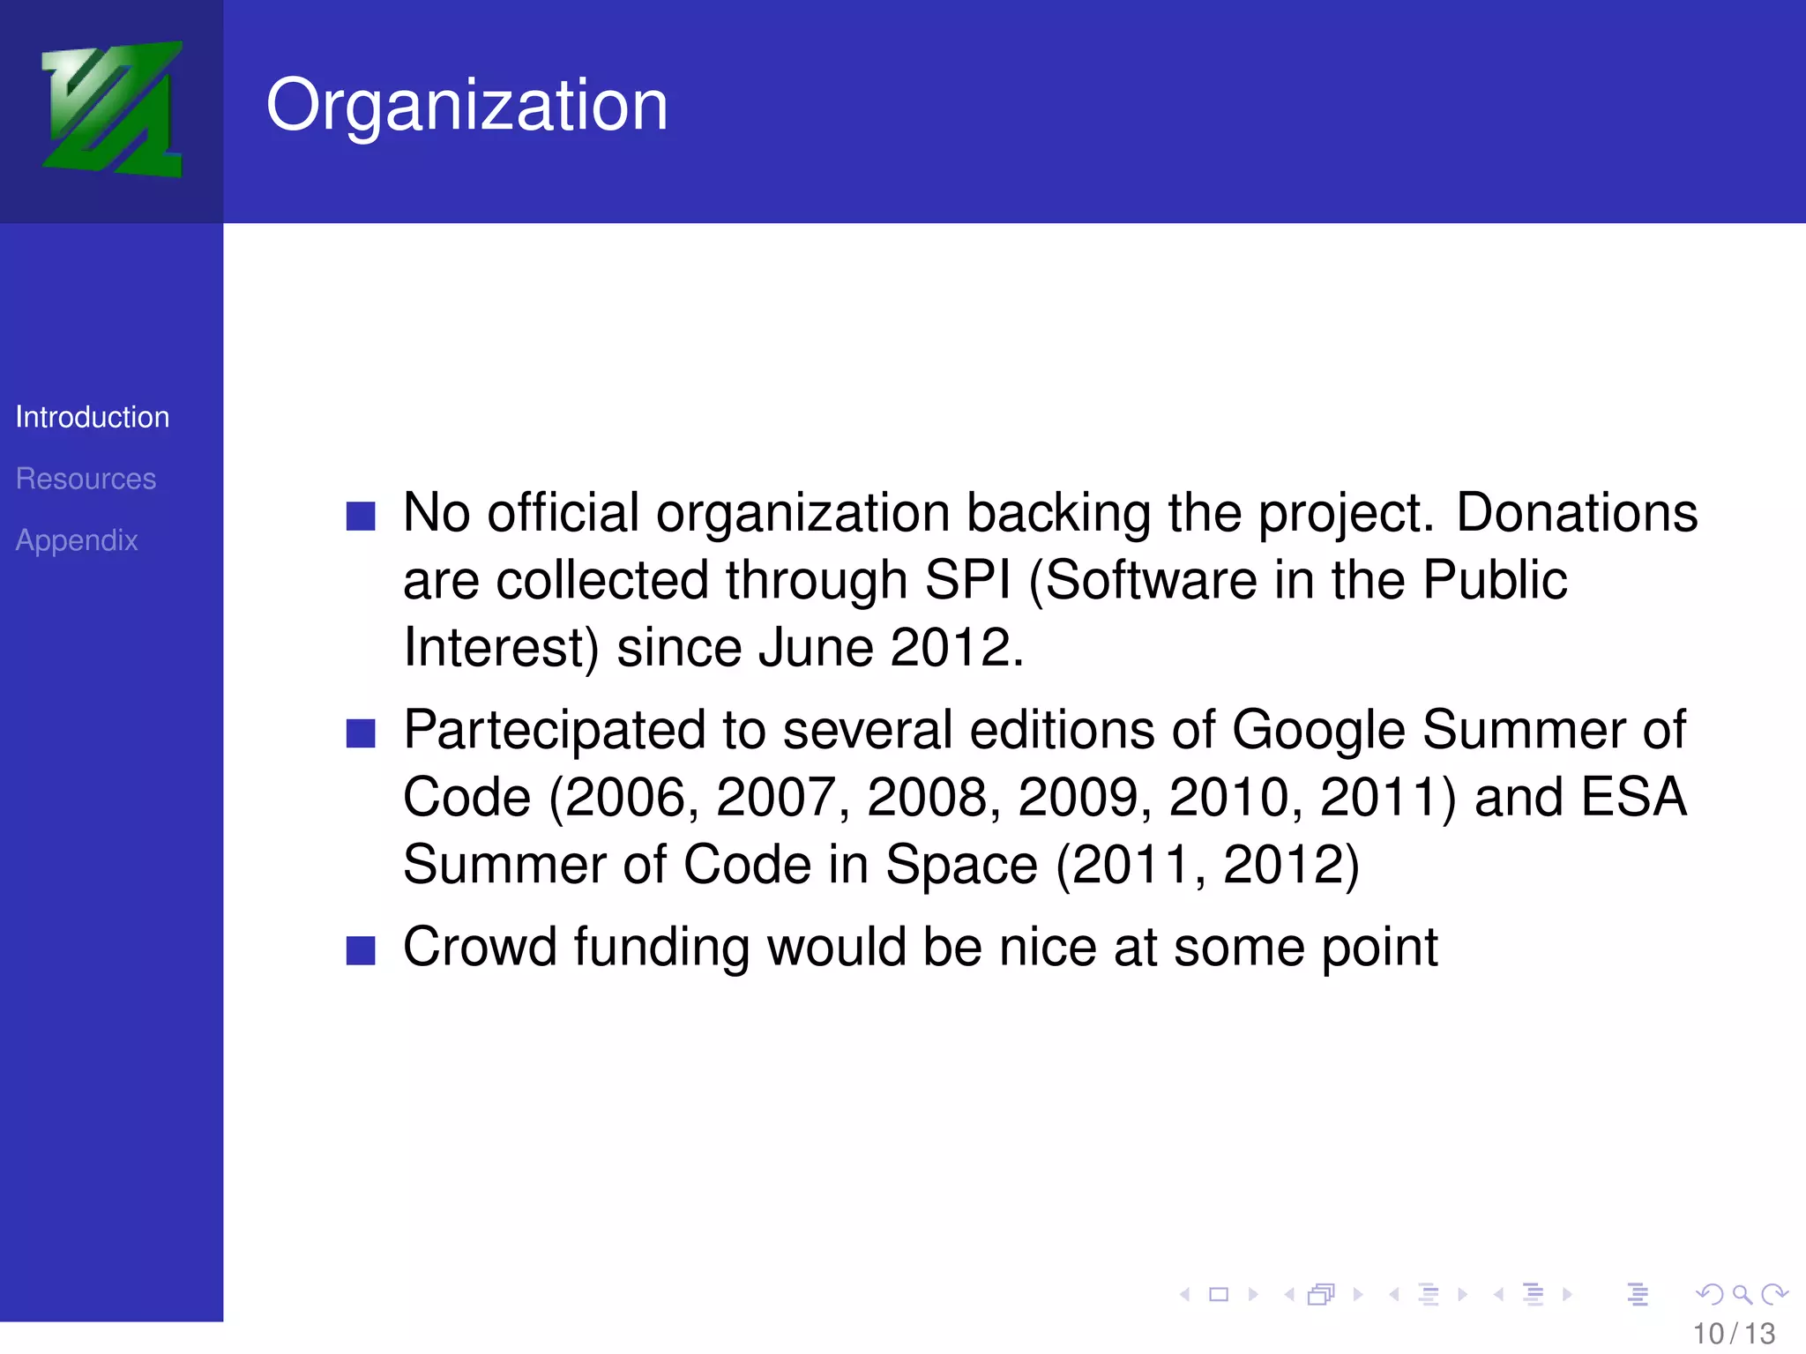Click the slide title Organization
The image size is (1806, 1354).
[466, 105]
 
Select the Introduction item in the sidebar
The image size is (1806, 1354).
[93, 417]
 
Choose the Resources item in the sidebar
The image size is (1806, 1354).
[86, 479]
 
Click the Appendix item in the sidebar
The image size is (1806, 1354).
[77, 540]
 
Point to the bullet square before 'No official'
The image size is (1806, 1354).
[361, 516]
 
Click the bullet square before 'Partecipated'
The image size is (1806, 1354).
[361, 733]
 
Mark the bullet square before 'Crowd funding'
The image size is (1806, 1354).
[361, 950]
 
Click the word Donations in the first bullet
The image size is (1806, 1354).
[1576, 512]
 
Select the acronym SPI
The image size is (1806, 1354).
[966, 580]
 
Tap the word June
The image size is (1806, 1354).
[815, 647]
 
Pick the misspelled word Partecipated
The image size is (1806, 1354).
[554, 730]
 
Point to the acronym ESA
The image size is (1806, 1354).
[1633, 797]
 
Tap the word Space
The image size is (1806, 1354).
[961, 864]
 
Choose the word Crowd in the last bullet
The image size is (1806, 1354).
[479, 947]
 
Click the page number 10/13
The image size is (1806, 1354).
[1734, 1334]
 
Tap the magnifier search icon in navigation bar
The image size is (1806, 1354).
[1741, 1294]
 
